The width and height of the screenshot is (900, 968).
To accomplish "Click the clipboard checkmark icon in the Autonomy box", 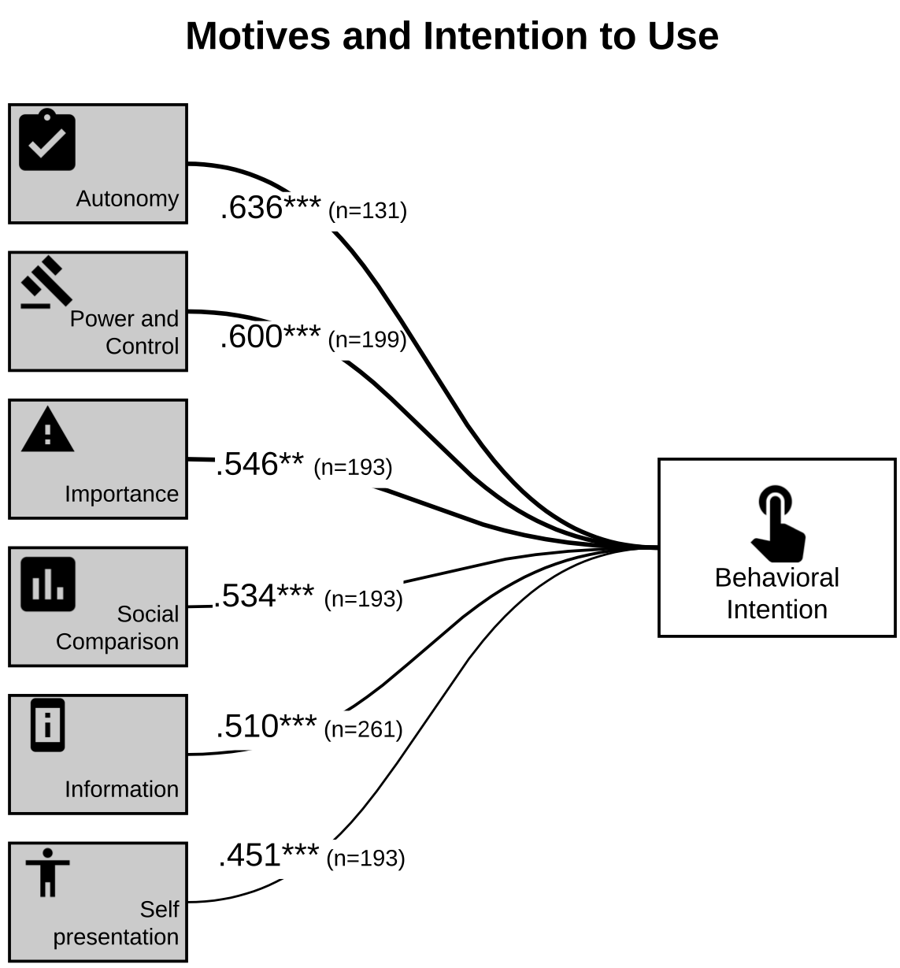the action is (x=47, y=140).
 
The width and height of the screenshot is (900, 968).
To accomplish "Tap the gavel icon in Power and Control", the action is (x=46, y=283).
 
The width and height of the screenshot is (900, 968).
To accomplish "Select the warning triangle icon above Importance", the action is (x=48, y=429).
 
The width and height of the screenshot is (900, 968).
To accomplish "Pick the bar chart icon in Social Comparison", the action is (x=48, y=584).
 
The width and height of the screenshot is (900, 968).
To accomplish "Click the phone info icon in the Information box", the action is (x=48, y=725).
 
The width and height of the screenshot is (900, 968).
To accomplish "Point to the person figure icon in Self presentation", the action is (x=48, y=873).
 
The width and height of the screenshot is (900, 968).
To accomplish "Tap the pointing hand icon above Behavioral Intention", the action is (x=778, y=524).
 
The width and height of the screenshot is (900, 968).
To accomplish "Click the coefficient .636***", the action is (x=270, y=207).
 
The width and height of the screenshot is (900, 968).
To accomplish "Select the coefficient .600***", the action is (x=270, y=336).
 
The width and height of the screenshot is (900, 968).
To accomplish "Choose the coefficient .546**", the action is (x=260, y=464).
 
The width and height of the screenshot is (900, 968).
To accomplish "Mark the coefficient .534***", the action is (x=264, y=595).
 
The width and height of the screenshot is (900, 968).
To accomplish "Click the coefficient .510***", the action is (x=266, y=726).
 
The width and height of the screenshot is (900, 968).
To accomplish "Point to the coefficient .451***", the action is (x=269, y=855).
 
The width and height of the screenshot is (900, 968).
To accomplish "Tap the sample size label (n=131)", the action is (x=368, y=211).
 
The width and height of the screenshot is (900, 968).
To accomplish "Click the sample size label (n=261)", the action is (x=364, y=729).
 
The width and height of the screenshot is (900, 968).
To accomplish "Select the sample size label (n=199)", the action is (x=368, y=339).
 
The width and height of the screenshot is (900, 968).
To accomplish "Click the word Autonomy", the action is (x=128, y=199).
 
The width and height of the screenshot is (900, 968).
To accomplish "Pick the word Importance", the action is (x=122, y=494).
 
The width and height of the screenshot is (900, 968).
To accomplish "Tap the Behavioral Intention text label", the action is (x=777, y=594).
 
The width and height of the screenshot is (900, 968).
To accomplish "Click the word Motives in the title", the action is (x=258, y=36).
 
